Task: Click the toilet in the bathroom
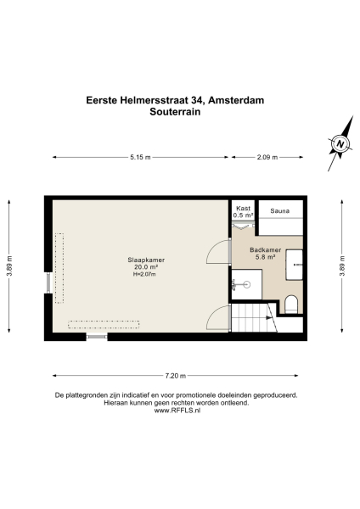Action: coord(290,304)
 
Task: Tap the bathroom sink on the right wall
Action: coord(295,263)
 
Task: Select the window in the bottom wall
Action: coord(97,337)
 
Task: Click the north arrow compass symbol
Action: coord(340,144)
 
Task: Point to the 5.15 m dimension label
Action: coord(141,158)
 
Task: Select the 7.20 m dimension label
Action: coord(175,376)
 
